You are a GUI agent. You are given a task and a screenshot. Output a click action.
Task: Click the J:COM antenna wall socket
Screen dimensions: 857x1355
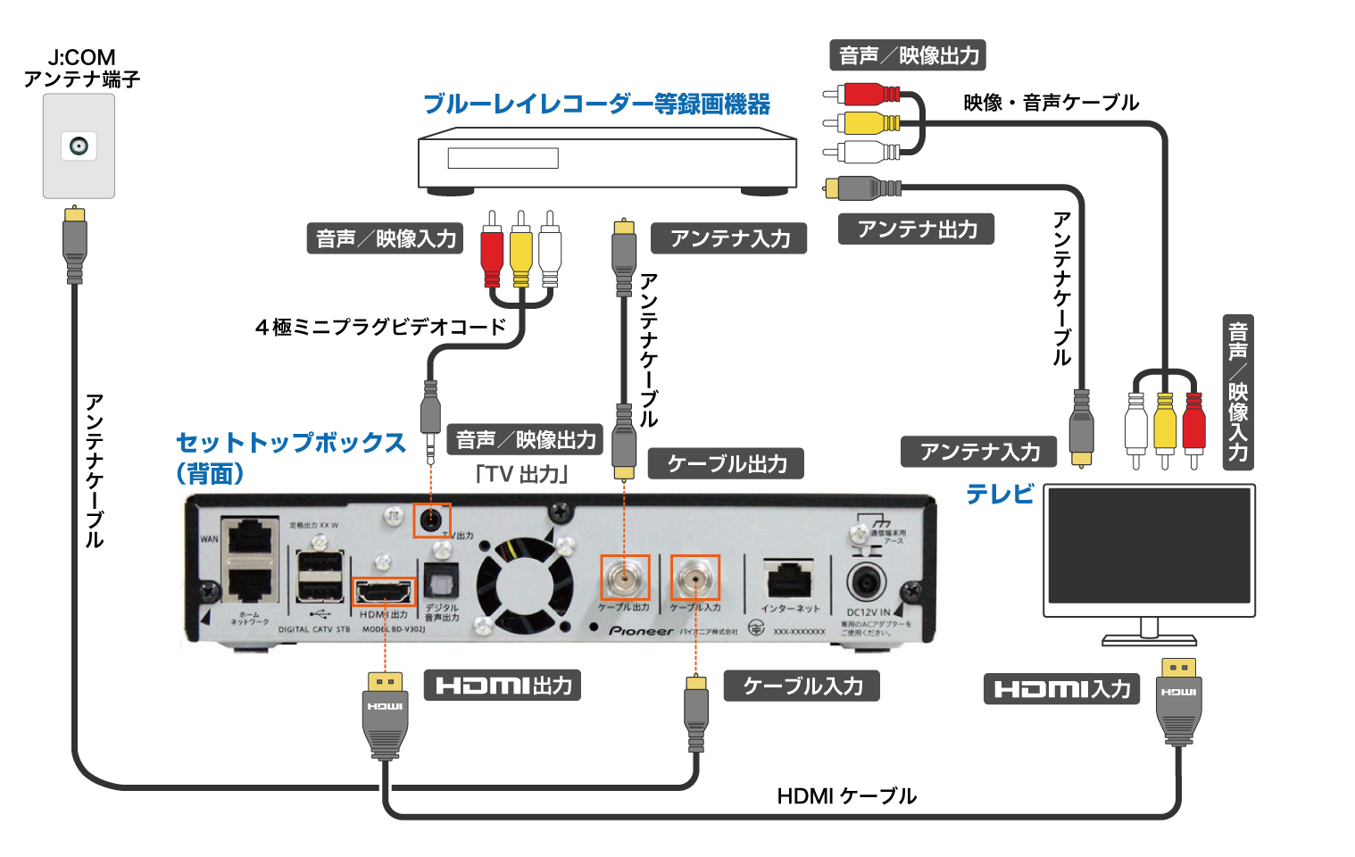coord(79,146)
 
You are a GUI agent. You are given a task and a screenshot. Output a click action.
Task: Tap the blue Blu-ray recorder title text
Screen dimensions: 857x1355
coord(596,104)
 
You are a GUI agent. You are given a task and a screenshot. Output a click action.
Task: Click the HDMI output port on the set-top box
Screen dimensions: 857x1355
coord(385,591)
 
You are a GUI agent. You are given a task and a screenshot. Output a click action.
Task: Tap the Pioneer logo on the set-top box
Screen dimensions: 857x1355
coord(641,631)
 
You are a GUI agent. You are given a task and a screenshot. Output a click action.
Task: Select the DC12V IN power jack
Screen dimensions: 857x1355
coord(866,583)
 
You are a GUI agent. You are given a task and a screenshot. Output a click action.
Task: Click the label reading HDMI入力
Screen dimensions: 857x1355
coord(1061,689)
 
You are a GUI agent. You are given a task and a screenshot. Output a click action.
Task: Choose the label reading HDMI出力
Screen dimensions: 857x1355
coord(503,686)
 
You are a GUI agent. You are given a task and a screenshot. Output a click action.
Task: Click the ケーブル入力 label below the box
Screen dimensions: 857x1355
coord(802,686)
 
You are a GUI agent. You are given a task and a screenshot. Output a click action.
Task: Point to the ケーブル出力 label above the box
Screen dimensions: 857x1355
coord(727,463)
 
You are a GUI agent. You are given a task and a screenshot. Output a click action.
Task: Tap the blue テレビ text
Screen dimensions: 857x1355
coord(1000,494)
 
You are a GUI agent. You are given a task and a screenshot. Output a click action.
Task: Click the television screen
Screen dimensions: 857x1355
coord(1150,545)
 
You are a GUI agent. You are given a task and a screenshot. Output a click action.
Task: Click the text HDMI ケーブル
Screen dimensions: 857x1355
coord(846,795)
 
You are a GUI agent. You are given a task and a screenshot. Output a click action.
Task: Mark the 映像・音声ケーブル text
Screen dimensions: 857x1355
coord(1051,103)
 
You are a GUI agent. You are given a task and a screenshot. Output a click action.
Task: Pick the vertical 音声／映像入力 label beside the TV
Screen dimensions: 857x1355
coord(1238,392)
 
